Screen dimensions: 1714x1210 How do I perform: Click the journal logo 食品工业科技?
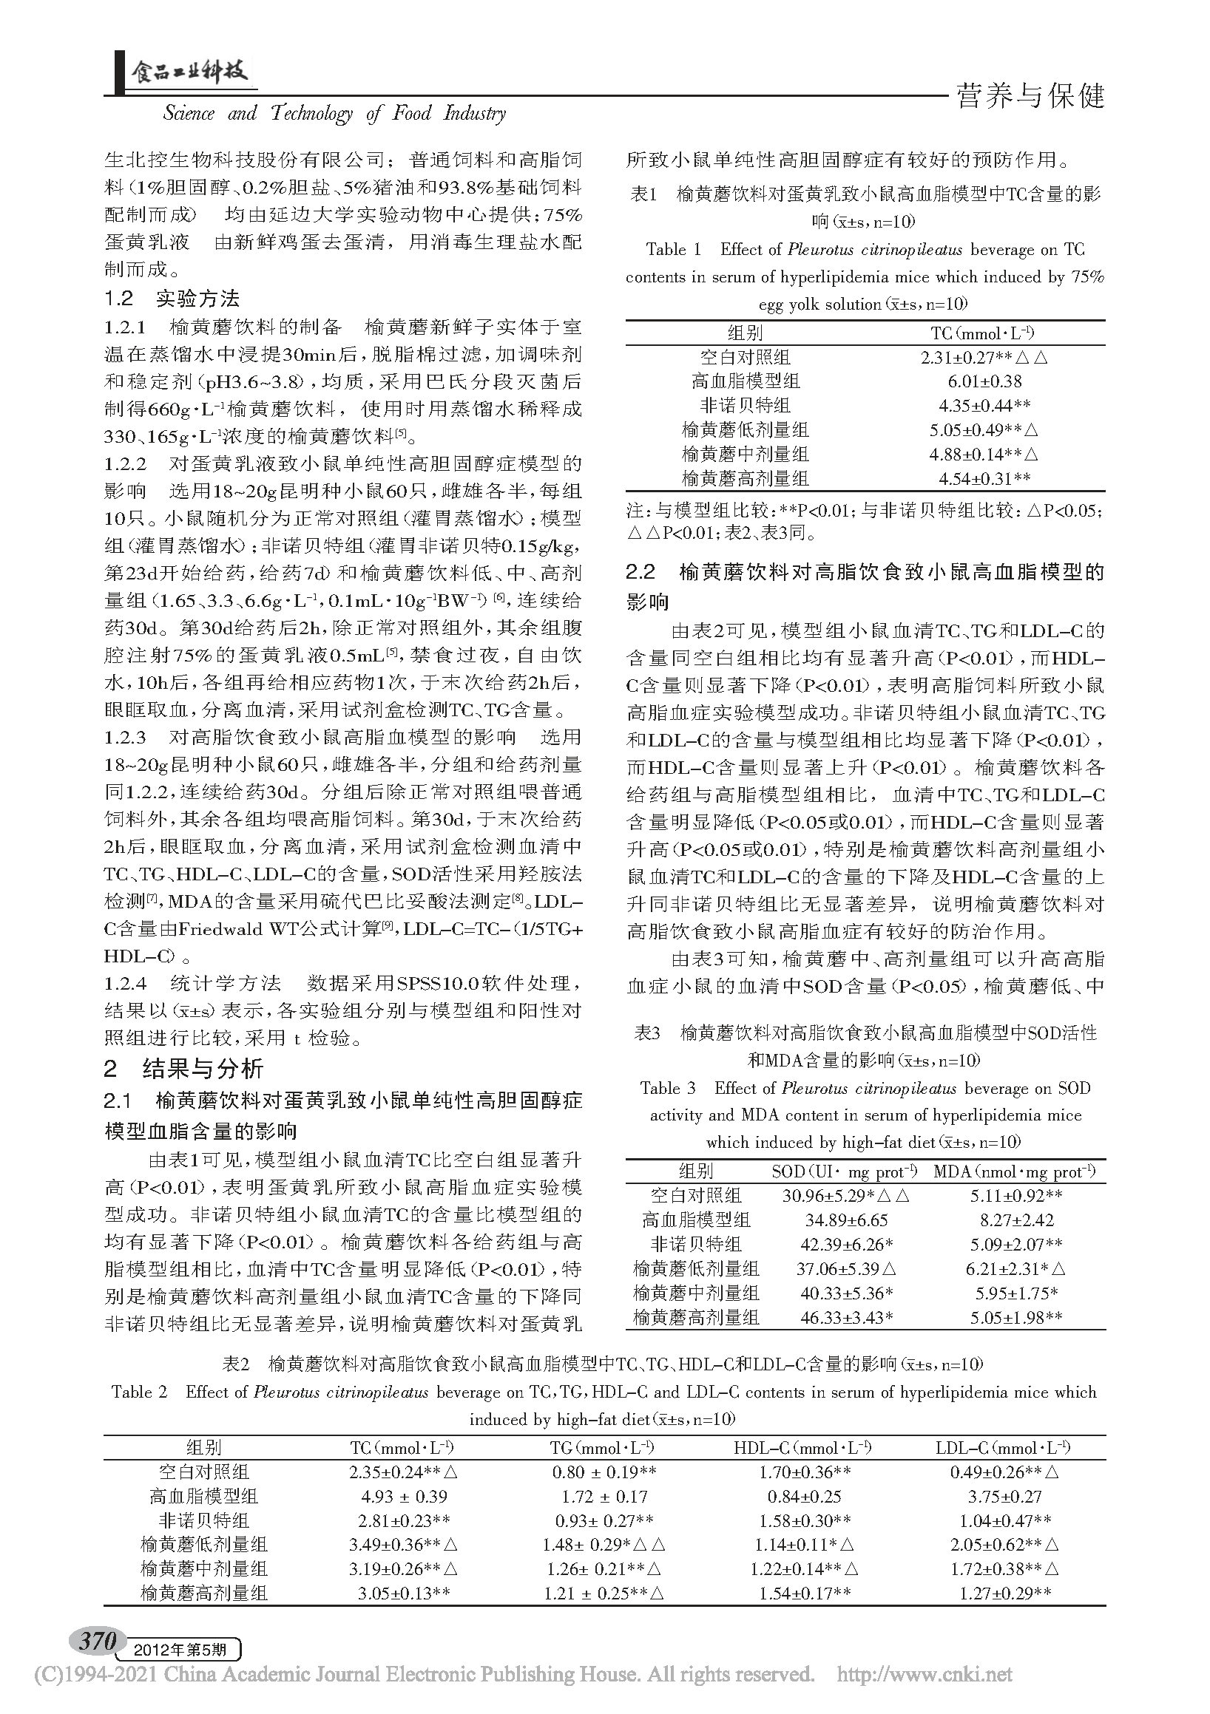pyautogui.click(x=190, y=73)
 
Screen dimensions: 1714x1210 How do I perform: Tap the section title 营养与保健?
pyautogui.click(x=1030, y=96)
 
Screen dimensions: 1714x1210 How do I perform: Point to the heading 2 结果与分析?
pyautogui.click(x=183, y=1069)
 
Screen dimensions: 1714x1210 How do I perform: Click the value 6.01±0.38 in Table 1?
pyautogui.click(x=984, y=381)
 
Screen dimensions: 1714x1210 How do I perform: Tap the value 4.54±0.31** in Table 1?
pyautogui.click(x=984, y=478)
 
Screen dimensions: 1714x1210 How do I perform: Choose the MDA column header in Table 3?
pyautogui.click(x=1014, y=1171)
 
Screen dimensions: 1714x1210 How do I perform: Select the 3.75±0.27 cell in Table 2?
pyautogui.click(x=1004, y=1496)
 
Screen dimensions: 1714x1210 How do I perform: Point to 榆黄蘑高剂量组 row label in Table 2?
pyautogui.click(x=204, y=1593)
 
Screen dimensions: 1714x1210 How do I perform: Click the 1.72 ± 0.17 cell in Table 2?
pyautogui.click(x=602, y=1496)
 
